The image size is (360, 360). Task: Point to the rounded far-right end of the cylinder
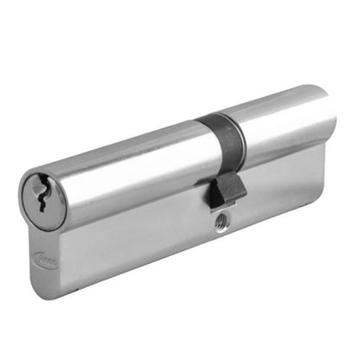click(x=331, y=117)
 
